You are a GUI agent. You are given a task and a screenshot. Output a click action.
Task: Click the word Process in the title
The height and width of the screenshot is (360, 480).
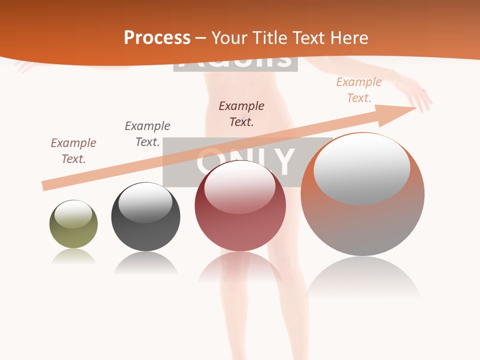pos(157,37)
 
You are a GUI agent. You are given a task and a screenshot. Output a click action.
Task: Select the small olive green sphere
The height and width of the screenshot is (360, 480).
pos(73,224)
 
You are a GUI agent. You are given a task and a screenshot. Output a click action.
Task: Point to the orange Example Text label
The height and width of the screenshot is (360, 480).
pos(358,90)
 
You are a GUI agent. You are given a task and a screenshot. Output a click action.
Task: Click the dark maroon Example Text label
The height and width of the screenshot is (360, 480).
pos(241,113)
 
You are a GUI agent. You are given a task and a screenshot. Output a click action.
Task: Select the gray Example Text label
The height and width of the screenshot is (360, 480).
pos(147,133)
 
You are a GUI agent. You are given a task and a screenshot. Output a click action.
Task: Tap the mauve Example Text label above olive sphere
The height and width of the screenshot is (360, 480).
pos(73,150)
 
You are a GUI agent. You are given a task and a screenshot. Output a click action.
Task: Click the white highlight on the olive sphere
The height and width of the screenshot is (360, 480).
pos(73,214)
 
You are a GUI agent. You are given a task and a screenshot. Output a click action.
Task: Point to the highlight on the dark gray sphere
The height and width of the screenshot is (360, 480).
pos(145,203)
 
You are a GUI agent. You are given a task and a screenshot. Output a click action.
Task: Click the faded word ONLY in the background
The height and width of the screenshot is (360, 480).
pos(245,161)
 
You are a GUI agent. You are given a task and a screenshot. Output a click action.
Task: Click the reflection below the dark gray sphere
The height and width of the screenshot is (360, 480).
pos(145,262)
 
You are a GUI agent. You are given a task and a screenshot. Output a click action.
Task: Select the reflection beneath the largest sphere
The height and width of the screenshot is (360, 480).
pos(362,277)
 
